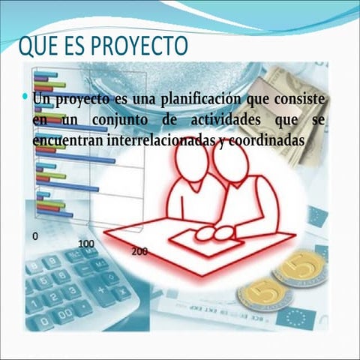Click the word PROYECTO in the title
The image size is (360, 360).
pos(136,46)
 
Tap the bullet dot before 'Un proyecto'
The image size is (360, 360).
pos(25,97)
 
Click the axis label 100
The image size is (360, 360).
pos(86,244)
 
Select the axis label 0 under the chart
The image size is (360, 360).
pos(35,235)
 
